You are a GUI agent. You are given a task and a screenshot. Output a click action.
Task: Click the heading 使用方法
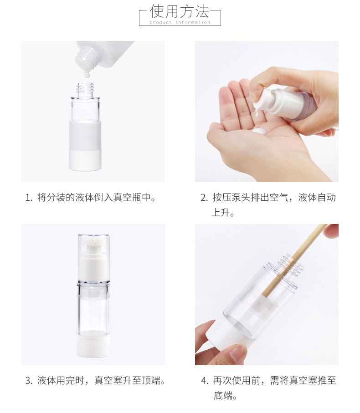180,11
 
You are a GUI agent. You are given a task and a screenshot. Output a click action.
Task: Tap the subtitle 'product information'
180,22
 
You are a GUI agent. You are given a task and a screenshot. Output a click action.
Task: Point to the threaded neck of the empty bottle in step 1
85,90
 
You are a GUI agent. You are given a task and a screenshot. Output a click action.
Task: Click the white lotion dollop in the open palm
260,131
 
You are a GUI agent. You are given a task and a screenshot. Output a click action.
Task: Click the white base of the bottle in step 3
93,345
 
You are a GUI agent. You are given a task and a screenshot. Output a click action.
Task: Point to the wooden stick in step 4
295,261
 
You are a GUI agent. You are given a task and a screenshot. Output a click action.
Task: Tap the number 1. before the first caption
29,198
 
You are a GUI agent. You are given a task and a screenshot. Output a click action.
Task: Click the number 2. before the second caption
204,198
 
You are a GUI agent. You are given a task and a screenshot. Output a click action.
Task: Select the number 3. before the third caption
29,381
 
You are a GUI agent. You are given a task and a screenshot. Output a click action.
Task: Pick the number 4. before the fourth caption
205,381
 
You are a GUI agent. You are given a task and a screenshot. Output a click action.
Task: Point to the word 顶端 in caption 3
151,380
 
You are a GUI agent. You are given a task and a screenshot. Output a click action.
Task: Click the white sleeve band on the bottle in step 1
85,135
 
